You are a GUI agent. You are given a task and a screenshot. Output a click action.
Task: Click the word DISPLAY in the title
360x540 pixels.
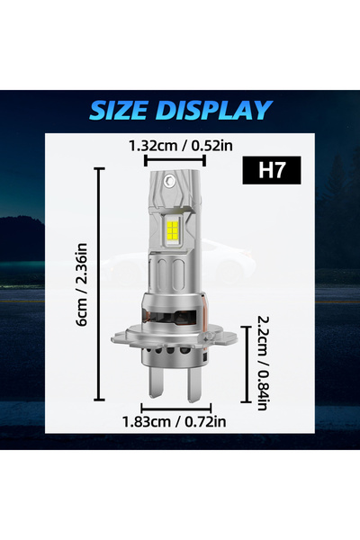pyautogui.click(x=215, y=110)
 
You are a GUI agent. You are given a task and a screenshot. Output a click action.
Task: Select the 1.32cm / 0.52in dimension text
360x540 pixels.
pyautogui.click(x=167, y=144)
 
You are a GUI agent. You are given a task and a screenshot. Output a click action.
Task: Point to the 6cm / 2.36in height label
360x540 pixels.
pyautogui.click(x=83, y=283)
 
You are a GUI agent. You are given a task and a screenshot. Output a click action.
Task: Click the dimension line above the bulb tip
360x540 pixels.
pyautogui.click(x=167, y=160)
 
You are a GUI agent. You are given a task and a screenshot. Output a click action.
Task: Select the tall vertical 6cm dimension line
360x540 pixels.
pyautogui.click(x=98, y=283)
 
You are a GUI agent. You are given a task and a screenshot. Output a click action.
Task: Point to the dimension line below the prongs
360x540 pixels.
pyautogui.click(x=174, y=408)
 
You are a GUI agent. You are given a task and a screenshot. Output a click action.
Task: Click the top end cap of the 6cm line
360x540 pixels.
pyautogui.click(x=98, y=168)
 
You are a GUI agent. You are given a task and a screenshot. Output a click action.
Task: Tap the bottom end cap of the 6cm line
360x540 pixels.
pyautogui.click(x=98, y=399)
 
